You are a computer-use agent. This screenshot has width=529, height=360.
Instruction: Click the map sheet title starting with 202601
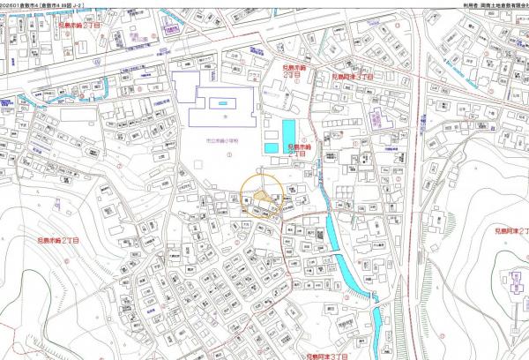point(44,4)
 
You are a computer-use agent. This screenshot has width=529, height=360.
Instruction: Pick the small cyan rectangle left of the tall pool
point(272,146)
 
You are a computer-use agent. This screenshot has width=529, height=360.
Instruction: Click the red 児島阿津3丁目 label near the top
point(353,78)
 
